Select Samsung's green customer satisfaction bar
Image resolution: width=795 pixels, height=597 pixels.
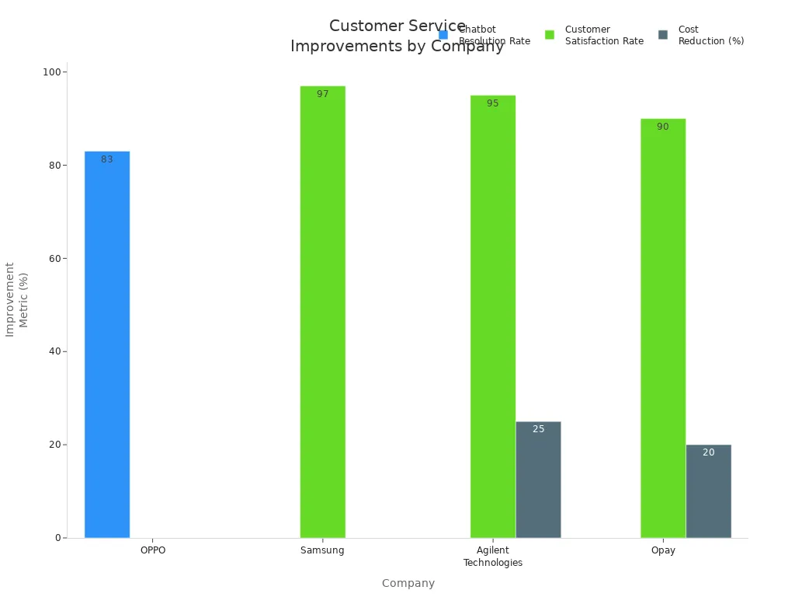tap(322, 312)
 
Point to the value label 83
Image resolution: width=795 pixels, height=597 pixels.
tap(107, 159)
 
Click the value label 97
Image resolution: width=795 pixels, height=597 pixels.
tap(322, 94)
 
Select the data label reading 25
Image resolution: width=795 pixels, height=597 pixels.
tap(538, 429)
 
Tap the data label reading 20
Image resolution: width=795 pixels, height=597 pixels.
tap(708, 452)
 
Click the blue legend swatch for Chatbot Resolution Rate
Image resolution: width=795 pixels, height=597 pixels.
tap(443, 35)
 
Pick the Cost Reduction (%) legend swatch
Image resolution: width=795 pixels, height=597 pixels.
tap(663, 35)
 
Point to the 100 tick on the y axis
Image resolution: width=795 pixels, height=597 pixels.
tap(52, 72)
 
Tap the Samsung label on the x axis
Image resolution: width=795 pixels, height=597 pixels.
tap(322, 550)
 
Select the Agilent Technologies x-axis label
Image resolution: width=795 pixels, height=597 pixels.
tap(492, 557)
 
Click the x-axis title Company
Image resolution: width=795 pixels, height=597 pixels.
tap(408, 583)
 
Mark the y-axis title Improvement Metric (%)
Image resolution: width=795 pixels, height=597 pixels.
tap(16, 299)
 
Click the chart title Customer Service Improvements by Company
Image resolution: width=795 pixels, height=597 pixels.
tap(397, 37)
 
